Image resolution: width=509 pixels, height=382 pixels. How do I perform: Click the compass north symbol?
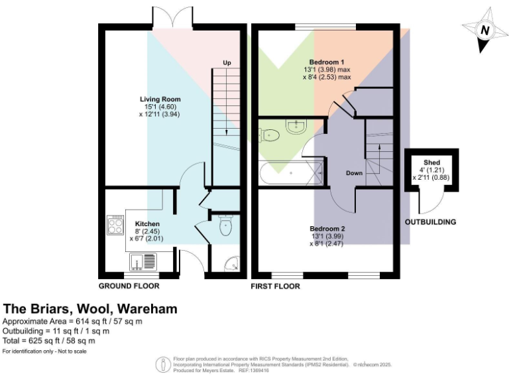[x=484, y=30]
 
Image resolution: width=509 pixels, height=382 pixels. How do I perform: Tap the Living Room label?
[x=156, y=99]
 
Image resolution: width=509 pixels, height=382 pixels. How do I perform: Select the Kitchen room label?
[x=146, y=223]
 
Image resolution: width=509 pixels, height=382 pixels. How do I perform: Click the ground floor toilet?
[x=225, y=227]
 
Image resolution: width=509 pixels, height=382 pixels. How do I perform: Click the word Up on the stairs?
[x=227, y=63]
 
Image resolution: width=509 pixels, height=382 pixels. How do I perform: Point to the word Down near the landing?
[x=354, y=173]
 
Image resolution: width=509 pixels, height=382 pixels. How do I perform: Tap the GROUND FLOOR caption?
[x=129, y=286]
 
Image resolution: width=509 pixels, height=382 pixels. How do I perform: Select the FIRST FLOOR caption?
[x=275, y=286]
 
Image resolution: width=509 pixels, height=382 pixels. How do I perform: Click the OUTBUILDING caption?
[x=430, y=222]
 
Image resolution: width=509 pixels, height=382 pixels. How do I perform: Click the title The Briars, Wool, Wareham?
[x=90, y=308]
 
